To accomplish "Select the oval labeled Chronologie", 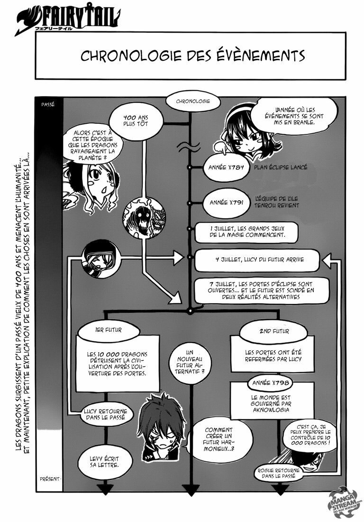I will click(191, 102).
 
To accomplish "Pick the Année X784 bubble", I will click(223, 168).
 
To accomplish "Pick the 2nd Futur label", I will click(274, 330).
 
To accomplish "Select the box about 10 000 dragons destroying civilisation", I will click(117, 364).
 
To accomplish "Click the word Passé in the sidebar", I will click(48, 103).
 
